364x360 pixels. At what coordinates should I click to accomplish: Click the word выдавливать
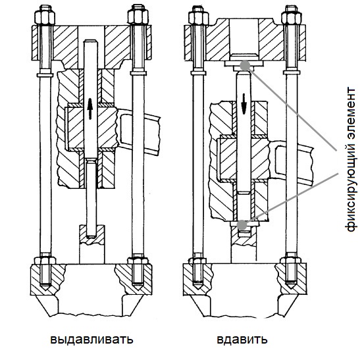click(x=92, y=339)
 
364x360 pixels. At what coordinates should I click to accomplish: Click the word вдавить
click(x=242, y=339)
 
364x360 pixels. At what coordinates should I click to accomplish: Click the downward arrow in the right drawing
click(x=244, y=103)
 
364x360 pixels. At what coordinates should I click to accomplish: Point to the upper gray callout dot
click(x=245, y=65)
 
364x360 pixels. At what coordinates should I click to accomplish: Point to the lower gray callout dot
click(x=242, y=224)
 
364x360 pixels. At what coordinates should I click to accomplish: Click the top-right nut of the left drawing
click(x=138, y=16)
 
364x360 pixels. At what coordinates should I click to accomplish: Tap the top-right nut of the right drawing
click(x=292, y=16)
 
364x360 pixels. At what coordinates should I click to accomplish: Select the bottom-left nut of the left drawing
click(x=45, y=260)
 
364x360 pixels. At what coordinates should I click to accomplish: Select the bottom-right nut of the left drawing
click(x=138, y=260)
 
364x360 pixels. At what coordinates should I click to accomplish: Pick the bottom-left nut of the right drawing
click(x=199, y=260)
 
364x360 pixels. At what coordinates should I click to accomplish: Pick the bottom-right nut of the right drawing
click(x=291, y=260)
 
